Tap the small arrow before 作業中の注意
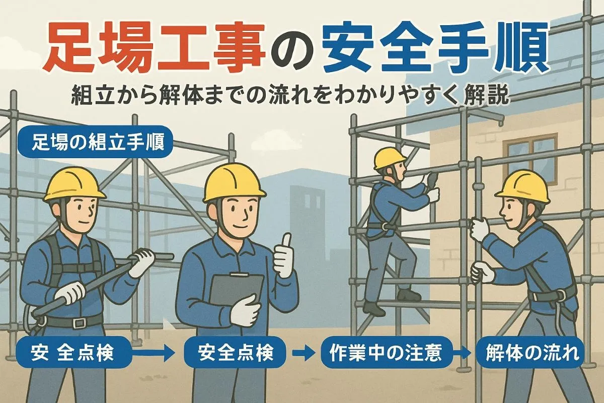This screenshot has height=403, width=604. point(304,353)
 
